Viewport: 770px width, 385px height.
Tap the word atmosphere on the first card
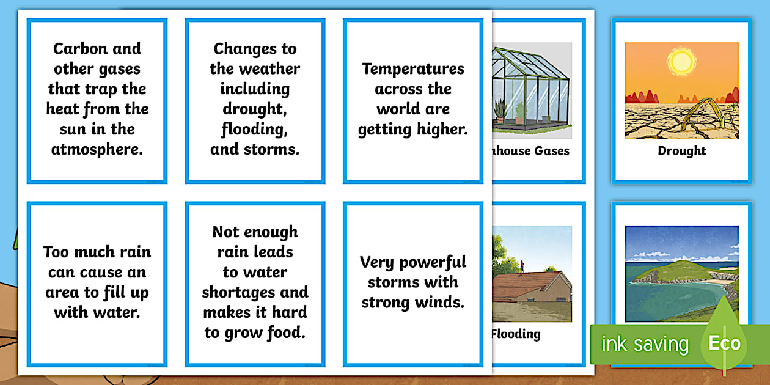tap(97, 149)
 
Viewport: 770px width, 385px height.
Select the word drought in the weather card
tap(255, 109)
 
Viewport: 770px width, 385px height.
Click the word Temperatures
tap(413, 68)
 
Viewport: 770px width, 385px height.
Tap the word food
tap(287, 333)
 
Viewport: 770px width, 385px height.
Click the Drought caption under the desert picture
tap(681, 151)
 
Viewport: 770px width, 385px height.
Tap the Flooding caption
tap(516, 334)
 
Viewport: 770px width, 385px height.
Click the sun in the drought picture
tap(681, 61)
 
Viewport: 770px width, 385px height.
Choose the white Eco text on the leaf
tap(724, 343)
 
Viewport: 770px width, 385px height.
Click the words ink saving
tap(644, 344)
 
